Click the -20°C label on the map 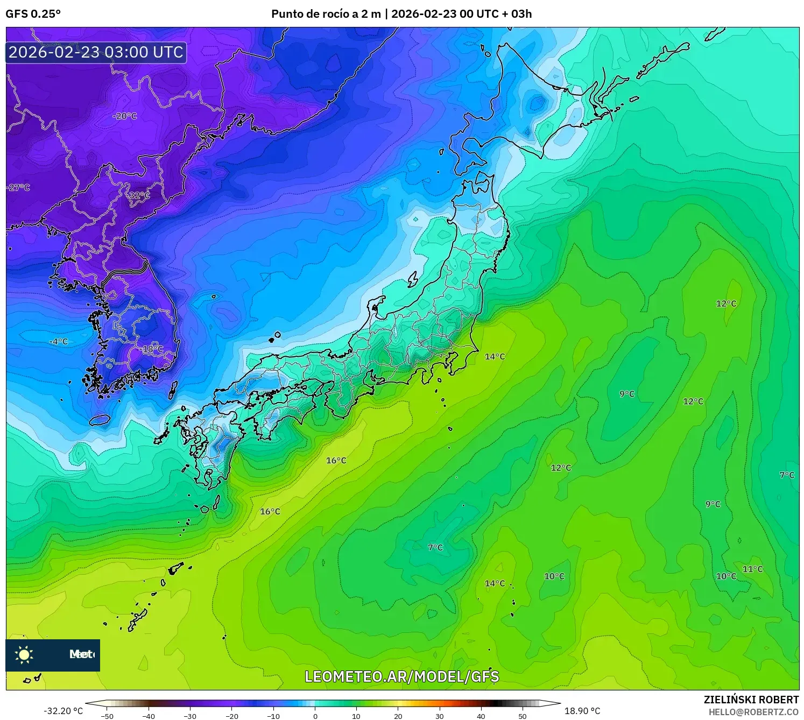(125, 116)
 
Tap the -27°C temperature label (18, 188)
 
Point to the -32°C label (139, 195)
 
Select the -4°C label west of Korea (59, 342)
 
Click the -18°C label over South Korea (152, 349)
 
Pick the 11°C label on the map (752, 569)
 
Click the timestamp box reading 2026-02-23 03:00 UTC (96, 52)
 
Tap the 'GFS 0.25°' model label (33, 14)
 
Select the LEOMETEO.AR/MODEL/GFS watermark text (401, 676)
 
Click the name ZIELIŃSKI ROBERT (751, 700)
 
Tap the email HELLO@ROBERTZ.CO (753, 712)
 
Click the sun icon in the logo (24, 655)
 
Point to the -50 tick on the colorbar (107, 716)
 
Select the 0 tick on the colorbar (315, 716)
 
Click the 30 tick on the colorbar (440, 716)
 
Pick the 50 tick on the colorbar (523, 716)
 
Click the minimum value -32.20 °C (64, 711)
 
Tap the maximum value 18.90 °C (582, 711)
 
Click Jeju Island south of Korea (100, 420)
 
